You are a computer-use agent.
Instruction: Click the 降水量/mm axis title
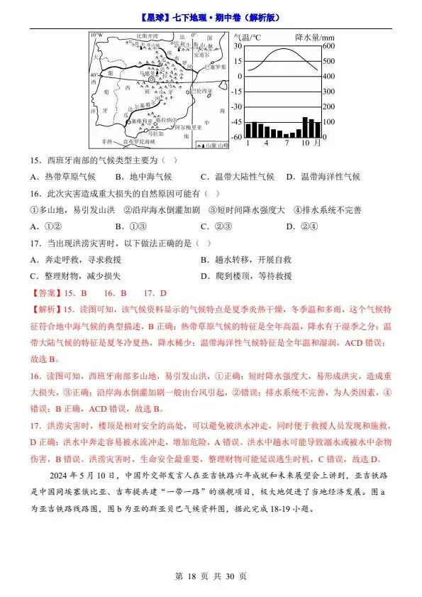(x=309, y=36)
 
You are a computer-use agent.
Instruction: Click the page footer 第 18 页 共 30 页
(x=211, y=577)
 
